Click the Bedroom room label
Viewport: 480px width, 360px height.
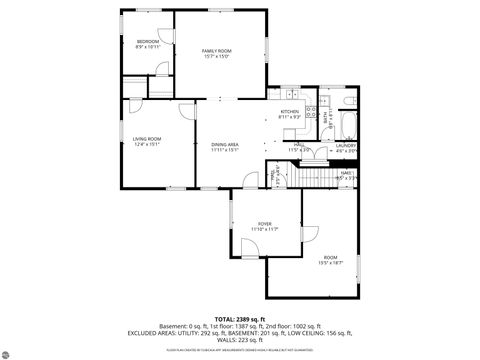pyautogui.click(x=148, y=41)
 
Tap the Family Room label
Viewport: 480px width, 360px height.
pyautogui.click(x=216, y=50)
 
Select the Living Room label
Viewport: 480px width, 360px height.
pyautogui.click(x=147, y=138)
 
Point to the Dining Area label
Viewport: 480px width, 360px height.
pyautogui.click(x=224, y=145)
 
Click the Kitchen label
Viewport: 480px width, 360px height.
pyautogui.click(x=290, y=111)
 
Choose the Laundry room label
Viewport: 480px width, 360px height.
pyautogui.click(x=346, y=145)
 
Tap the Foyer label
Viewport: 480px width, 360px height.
pyautogui.click(x=264, y=223)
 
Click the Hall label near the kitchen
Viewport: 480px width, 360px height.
pyautogui.click(x=299, y=145)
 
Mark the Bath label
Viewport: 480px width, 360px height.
pyautogui.click(x=327, y=116)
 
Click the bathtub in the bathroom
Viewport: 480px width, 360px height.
pyautogui.click(x=347, y=124)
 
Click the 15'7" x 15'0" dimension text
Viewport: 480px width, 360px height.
pyautogui.click(x=216, y=56)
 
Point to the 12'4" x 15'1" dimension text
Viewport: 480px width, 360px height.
pyautogui.click(x=147, y=144)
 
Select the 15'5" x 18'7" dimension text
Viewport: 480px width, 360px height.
pyautogui.click(x=330, y=263)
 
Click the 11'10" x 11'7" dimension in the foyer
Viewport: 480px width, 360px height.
pyautogui.click(x=264, y=229)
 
